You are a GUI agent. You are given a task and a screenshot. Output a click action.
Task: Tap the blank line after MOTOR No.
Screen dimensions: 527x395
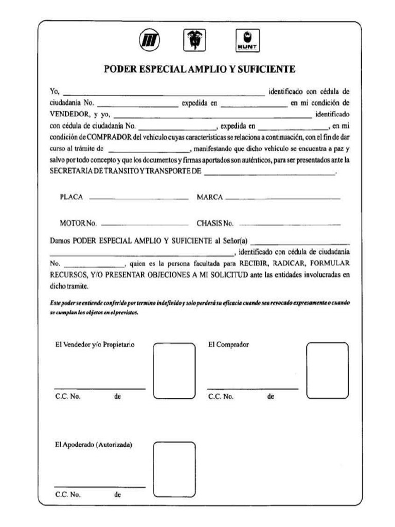click(146, 224)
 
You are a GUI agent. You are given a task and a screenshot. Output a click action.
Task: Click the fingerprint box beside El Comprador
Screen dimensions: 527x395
click(327, 370)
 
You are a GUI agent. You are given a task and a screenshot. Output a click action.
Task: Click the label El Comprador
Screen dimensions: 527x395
click(228, 345)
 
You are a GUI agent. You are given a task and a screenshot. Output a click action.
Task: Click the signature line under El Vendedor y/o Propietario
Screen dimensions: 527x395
click(100, 389)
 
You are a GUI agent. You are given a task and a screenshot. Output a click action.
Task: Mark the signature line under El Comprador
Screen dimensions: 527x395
click(253, 389)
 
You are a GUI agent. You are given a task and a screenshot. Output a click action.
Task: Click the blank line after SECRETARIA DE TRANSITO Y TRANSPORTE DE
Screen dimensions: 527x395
click(269, 175)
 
